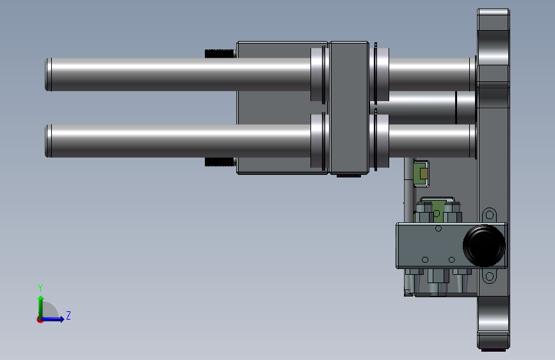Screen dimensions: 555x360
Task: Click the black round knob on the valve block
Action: click(484, 245)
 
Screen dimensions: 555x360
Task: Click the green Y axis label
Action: click(40, 288)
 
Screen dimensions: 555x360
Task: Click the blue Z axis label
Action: click(68, 315)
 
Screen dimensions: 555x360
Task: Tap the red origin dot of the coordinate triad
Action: click(40, 320)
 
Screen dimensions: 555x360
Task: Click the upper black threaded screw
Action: click(220, 54)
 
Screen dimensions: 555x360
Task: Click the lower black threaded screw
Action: click(220, 162)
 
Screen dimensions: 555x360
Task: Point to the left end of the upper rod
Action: click(45, 74)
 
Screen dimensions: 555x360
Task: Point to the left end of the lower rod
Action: click(45, 141)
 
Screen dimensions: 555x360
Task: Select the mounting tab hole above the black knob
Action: click(490, 215)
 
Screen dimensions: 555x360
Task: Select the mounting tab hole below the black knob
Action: click(490, 276)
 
